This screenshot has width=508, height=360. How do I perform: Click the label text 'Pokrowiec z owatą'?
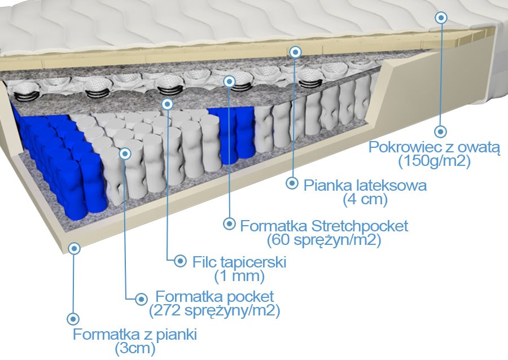pyautogui.click(x=435, y=147)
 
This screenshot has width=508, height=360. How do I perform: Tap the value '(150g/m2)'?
pyautogui.click(x=435, y=161)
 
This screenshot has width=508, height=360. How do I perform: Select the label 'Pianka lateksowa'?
pyautogui.click(x=365, y=185)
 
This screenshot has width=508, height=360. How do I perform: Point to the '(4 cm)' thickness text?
pyautogui.click(x=365, y=199)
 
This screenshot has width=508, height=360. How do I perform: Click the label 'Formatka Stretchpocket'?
pyautogui.click(x=324, y=226)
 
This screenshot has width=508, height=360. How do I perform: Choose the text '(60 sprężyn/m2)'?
pyautogui.click(x=324, y=240)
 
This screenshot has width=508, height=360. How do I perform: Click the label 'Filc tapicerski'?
pyautogui.click(x=239, y=262)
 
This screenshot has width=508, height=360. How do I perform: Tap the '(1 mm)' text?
pyautogui.click(x=239, y=276)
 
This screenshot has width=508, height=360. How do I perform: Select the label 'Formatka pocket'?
pyautogui.click(x=214, y=296)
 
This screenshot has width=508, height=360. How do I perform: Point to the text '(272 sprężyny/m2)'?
pyautogui.click(x=214, y=310)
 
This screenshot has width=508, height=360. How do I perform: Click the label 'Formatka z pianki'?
pyautogui.click(x=135, y=334)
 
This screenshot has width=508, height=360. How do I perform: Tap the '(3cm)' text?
pyautogui.click(x=135, y=348)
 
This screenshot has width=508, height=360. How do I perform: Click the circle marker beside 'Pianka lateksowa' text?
pyautogui.click(x=292, y=183)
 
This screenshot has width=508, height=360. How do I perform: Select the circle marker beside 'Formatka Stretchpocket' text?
pyautogui.click(x=229, y=223)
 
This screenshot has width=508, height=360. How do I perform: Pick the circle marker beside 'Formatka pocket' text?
pyautogui.click(x=141, y=297)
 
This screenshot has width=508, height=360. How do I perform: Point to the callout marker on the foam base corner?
pyautogui.click(x=74, y=248)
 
